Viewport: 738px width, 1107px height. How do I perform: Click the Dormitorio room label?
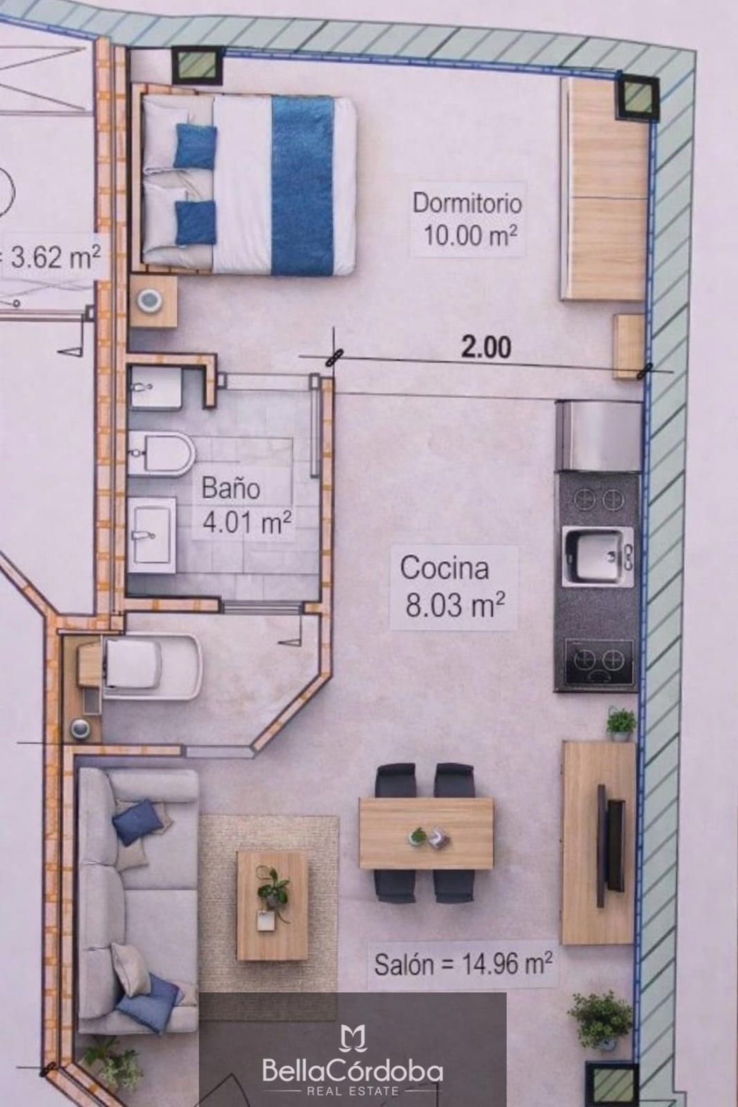[x=467, y=204]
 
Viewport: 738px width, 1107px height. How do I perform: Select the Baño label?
[x=231, y=488]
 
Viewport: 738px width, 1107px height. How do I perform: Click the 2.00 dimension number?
[x=486, y=347]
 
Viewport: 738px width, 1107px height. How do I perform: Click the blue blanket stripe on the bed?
[x=303, y=185]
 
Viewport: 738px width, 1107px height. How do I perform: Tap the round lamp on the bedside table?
[x=150, y=300]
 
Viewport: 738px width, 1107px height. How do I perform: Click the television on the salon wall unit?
[x=611, y=845]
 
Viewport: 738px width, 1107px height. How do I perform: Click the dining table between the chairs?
[x=426, y=834]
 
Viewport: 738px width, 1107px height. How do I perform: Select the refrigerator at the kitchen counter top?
[x=598, y=435]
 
